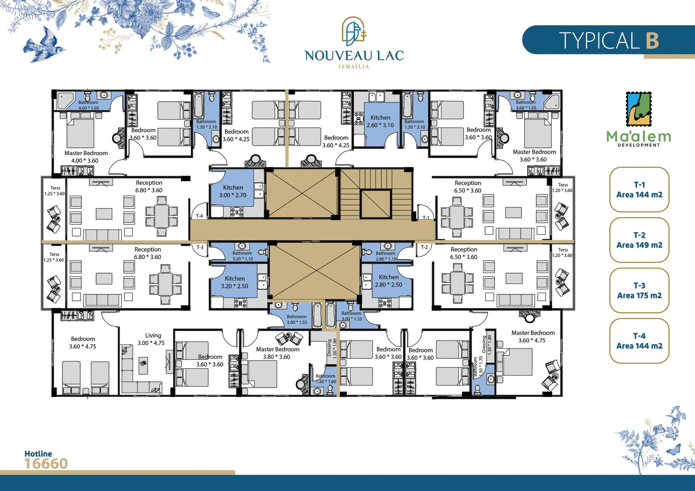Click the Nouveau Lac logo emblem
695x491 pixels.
tap(354, 29)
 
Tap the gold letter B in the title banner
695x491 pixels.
tap(652, 40)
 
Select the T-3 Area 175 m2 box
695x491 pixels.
tap(639, 290)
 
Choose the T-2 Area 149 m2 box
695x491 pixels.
tap(639, 240)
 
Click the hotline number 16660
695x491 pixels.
tap(46, 464)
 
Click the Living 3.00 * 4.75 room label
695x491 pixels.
tap(151, 339)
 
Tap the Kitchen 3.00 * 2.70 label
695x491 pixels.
tap(233, 191)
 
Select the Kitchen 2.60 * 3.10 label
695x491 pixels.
tap(380, 121)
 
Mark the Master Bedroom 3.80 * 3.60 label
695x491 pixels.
tap(277, 353)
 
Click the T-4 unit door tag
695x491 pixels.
tap(199, 216)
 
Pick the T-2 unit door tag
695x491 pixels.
tap(424, 247)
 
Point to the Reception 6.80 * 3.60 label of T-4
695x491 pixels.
tap(149, 186)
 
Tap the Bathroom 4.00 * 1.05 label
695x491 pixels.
tap(88, 105)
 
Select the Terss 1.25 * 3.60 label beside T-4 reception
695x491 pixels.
tap(55, 191)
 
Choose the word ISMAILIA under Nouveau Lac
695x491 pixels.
tap(354, 66)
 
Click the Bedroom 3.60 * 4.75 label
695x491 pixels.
tap(83, 343)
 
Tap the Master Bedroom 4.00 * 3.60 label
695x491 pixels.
tap(86, 157)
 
